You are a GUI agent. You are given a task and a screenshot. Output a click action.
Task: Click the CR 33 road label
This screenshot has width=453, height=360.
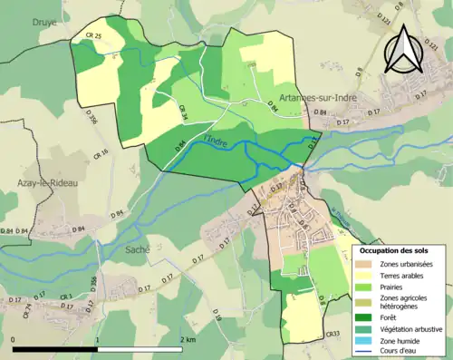coord(333,334)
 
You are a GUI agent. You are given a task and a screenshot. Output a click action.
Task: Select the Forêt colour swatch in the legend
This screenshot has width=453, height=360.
coord(367,316)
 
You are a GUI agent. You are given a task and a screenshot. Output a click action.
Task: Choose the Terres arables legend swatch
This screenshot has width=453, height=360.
coord(367,275)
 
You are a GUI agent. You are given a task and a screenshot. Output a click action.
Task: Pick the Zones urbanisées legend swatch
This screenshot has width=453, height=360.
coord(367,263)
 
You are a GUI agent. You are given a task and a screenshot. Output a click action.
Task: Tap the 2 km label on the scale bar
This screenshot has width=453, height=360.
coord(188,339)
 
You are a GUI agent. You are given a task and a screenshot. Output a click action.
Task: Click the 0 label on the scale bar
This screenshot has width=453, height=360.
coord(14,339)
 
